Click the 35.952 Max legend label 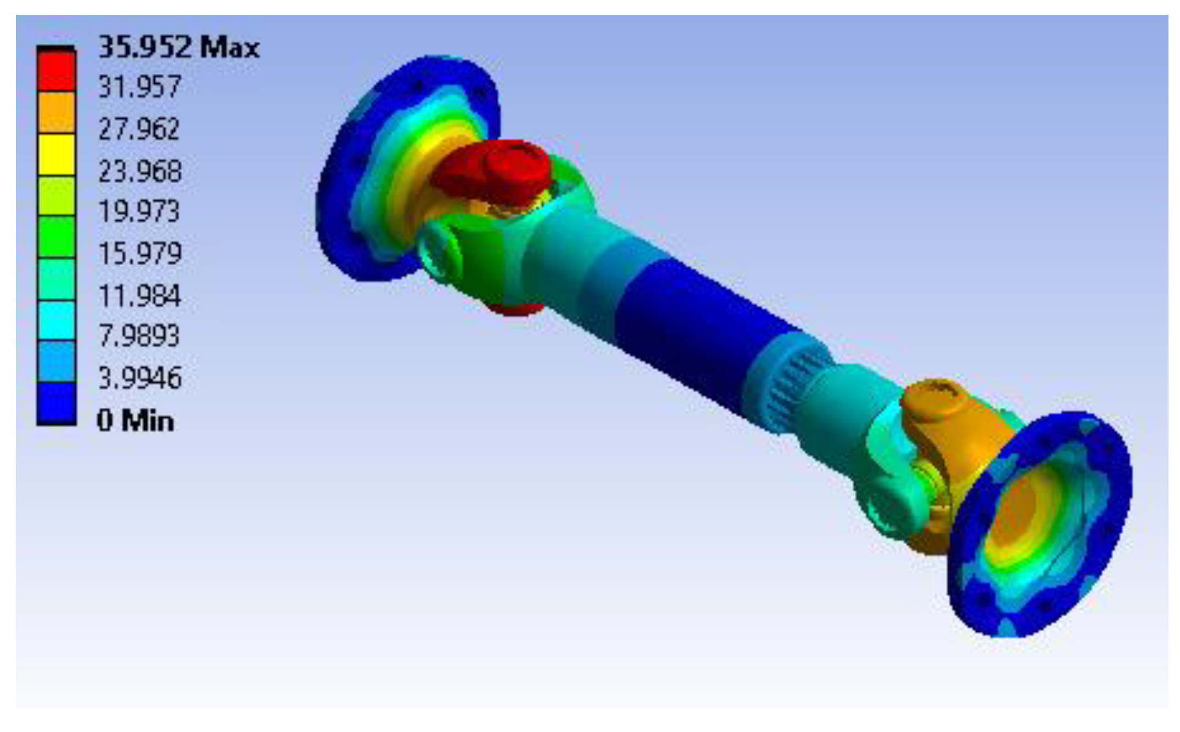tap(178, 47)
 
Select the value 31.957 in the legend tap(139, 87)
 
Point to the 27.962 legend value tap(139, 129)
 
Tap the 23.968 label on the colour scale tap(140, 171)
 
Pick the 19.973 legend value tap(139, 211)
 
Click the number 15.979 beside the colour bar tap(140, 253)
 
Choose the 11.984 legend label tap(139, 296)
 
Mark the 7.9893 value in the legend tap(139, 335)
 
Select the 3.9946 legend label tap(140, 378)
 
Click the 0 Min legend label tap(135, 421)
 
